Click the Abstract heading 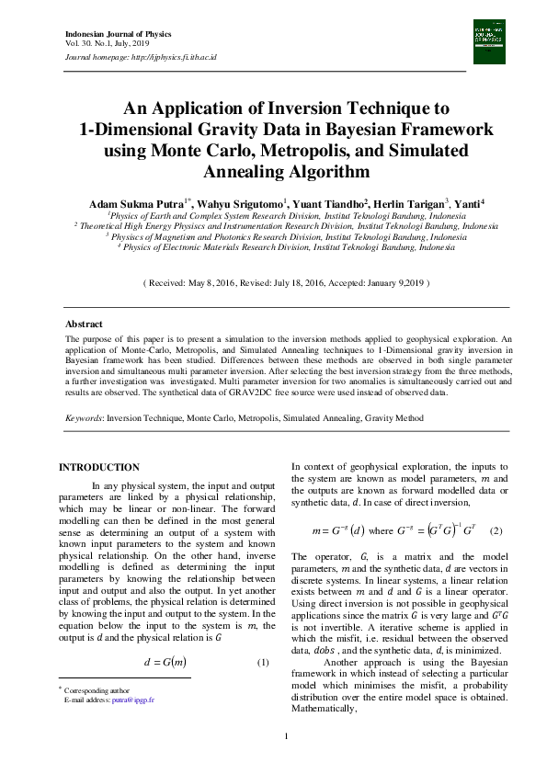(x=84, y=324)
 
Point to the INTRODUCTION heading (x=99, y=468)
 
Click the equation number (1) (x=262, y=663)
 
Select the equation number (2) (x=496, y=530)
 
